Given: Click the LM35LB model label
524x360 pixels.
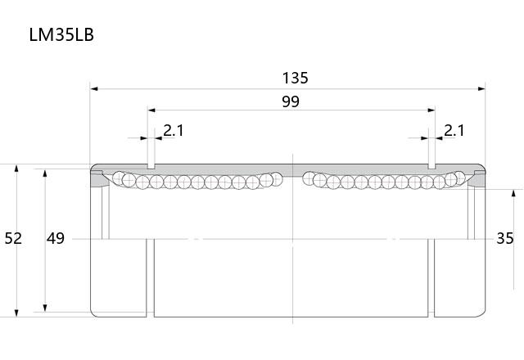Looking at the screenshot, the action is pyautogui.click(x=61, y=34).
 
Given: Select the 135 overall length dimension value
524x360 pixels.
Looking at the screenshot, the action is pyautogui.click(x=295, y=78).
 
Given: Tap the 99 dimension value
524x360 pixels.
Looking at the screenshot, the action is pyautogui.click(x=291, y=101).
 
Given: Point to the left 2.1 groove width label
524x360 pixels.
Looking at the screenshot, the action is pyautogui.click(x=174, y=131).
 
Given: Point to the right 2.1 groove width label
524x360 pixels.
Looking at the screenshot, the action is pyautogui.click(x=454, y=131).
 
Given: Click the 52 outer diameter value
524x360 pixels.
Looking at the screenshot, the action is pyautogui.click(x=13, y=238).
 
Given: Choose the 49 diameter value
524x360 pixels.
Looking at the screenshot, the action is pyautogui.click(x=56, y=238).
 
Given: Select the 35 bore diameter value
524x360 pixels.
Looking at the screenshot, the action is pyautogui.click(x=505, y=238).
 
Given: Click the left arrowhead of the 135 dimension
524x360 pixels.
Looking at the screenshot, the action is pyautogui.click(x=94, y=89).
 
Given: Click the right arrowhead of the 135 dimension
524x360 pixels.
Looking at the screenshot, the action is pyautogui.click(x=481, y=89).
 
